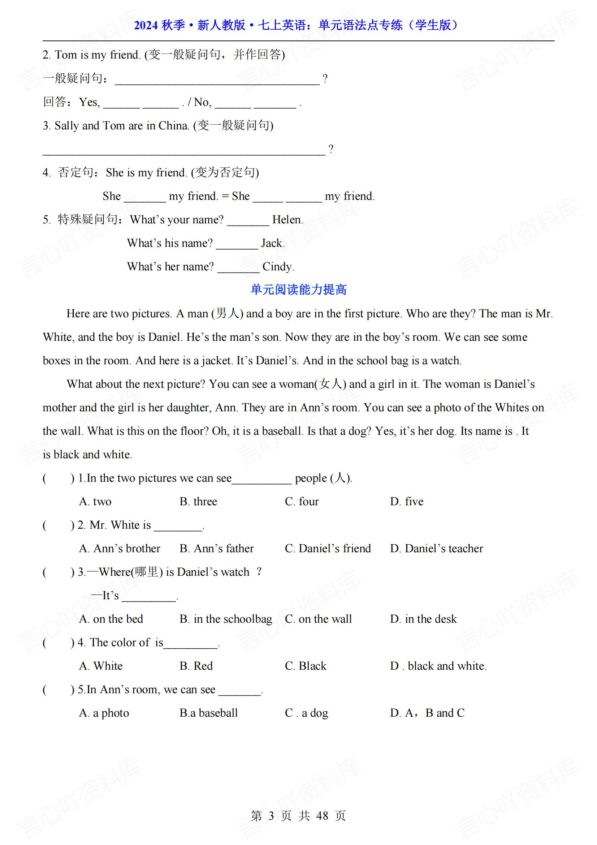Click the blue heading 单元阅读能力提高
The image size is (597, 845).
coord(298,289)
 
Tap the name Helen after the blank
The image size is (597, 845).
coord(287,220)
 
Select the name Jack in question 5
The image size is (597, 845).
coord(273,243)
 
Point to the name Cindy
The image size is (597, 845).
coord(278,267)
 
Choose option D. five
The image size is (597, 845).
coord(406,502)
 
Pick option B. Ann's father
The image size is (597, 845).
coord(217,549)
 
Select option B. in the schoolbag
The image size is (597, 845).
coord(225,619)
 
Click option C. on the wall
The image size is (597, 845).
coord(318,619)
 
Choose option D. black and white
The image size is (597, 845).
coord(438,666)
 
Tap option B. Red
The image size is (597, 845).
coord(196,666)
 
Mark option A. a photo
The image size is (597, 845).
coord(104,713)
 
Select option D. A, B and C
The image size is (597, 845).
coord(427,713)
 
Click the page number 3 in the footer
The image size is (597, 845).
coord(271,816)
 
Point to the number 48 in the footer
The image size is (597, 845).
coord(322,816)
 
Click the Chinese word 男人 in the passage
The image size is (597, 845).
coord(227,314)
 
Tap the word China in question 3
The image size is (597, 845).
coord(173,126)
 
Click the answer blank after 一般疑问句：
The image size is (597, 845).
coord(217,79)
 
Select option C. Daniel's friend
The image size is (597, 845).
coord(328,549)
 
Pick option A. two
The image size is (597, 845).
coord(95,502)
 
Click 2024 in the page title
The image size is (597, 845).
coord(146,25)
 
